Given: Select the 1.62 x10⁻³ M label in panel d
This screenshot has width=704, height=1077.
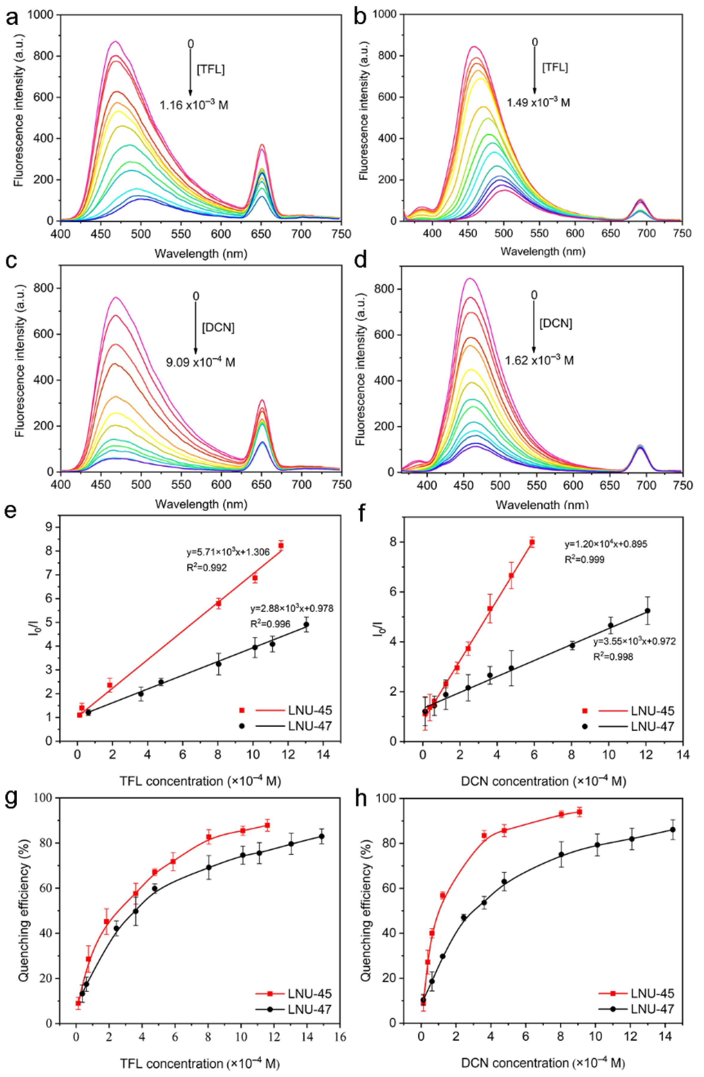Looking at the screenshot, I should pyautogui.click(x=539, y=361).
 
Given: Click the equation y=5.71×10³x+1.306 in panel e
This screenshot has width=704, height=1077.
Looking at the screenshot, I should pyautogui.click(x=228, y=552).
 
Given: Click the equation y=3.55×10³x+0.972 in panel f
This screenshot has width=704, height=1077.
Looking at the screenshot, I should pyautogui.click(x=634, y=641).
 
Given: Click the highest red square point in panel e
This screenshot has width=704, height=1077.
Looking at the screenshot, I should pyautogui.click(x=281, y=546).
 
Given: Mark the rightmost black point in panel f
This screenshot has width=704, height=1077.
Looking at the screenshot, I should pyautogui.click(x=647, y=611).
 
